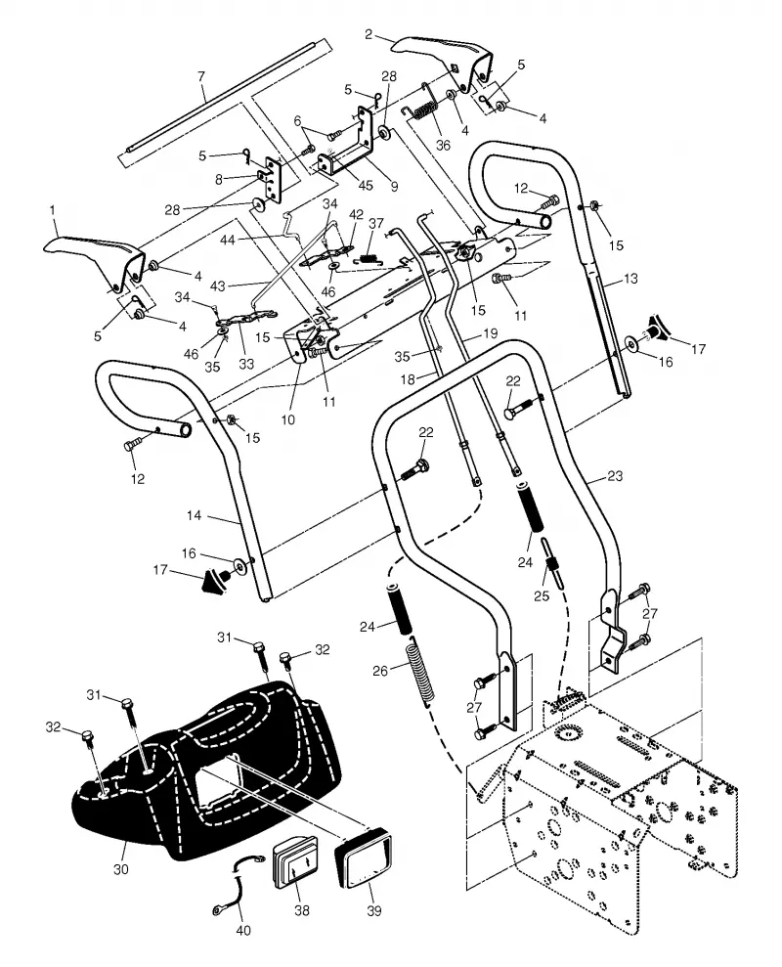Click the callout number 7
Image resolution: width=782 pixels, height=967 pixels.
pyautogui.click(x=201, y=77)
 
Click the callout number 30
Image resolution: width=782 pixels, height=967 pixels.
pyautogui.click(x=121, y=869)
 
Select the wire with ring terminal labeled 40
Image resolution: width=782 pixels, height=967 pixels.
pyautogui.click(x=232, y=886)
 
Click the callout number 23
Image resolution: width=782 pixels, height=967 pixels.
pyautogui.click(x=615, y=476)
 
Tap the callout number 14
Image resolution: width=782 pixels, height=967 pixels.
pyautogui.click(x=194, y=515)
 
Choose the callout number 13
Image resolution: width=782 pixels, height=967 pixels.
pyautogui.click(x=630, y=279)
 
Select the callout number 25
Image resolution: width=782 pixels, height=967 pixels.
pyautogui.click(x=542, y=596)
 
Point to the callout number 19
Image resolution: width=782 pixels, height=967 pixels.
pyautogui.click(x=491, y=333)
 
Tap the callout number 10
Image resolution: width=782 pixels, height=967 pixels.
pyautogui.click(x=288, y=420)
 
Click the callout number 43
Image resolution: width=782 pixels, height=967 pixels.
pyautogui.click(x=217, y=286)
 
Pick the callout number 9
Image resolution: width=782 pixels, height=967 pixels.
pyautogui.click(x=394, y=186)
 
